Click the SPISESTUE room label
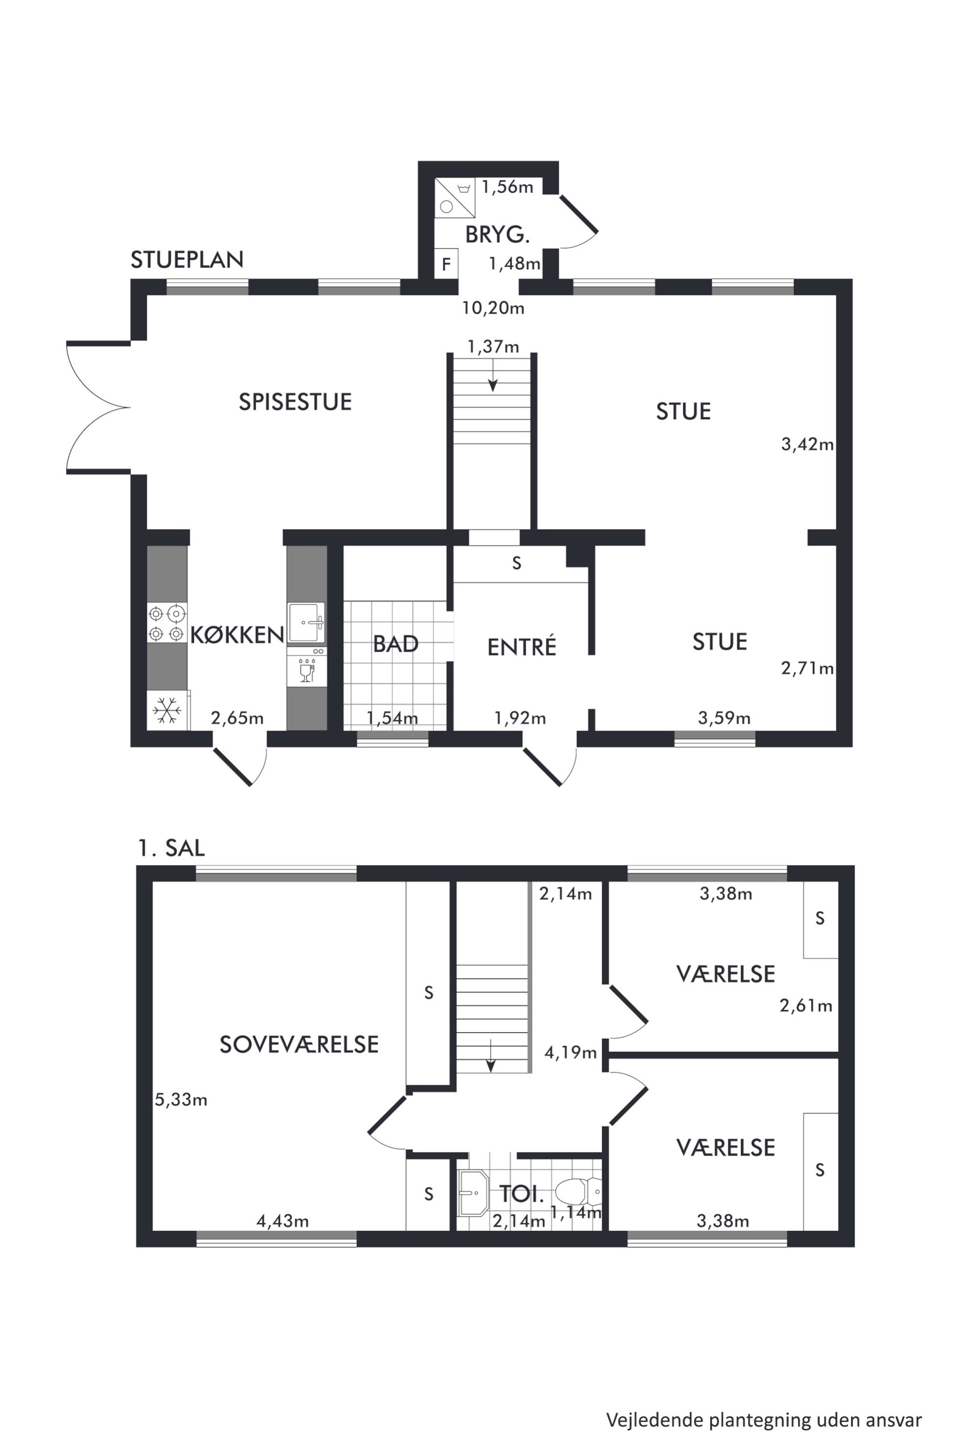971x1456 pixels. coord(296,402)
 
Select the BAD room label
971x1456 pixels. coord(396,644)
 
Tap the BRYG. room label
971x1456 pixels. coord(497,235)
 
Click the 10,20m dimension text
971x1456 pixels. coord(493,308)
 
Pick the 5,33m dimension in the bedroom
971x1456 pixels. coord(181,1100)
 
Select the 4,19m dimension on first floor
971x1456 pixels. coord(570,1052)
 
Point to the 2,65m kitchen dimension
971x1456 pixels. coord(237,718)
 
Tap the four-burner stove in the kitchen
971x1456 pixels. coord(166,623)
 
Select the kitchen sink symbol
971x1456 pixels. coord(306,623)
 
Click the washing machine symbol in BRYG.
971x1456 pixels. coord(455,198)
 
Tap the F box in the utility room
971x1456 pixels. coord(446,264)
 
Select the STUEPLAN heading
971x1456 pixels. coord(187,260)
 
